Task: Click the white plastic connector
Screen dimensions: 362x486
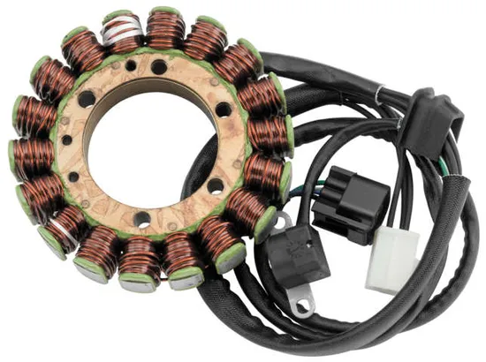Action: [391, 255]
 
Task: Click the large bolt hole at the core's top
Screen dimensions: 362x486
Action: [158, 67]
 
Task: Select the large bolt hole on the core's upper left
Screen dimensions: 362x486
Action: [86, 100]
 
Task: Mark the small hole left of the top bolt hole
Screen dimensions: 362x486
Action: [133, 67]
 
